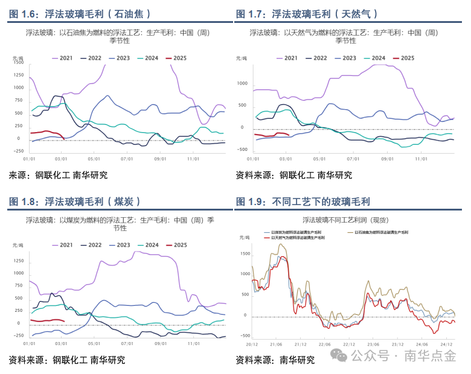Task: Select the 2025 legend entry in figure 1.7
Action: (x=403, y=58)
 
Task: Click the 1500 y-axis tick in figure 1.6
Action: (x=19, y=63)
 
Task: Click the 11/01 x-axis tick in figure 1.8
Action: (x=193, y=344)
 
